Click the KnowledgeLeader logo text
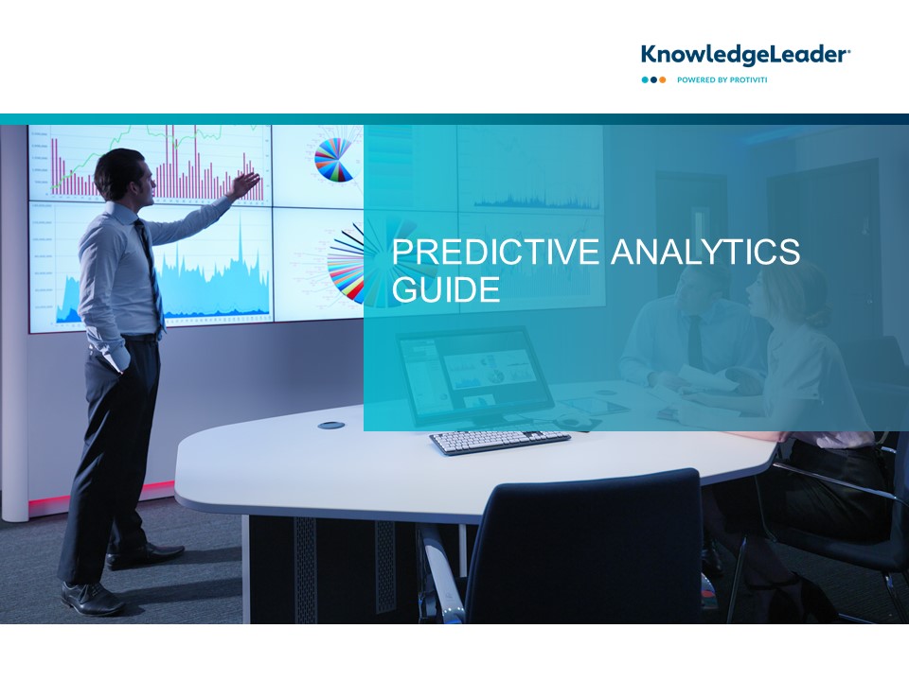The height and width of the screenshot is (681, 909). point(745,55)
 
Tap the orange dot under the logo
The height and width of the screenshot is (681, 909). point(663,79)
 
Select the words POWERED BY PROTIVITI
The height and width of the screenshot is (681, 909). point(722,79)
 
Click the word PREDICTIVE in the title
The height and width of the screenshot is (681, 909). point(496,252)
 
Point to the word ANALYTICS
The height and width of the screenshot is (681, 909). point(705,252)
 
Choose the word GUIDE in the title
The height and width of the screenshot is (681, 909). point(446,289)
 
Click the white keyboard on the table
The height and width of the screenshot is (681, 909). point(500,442)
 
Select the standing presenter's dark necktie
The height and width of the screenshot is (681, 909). point(151,272)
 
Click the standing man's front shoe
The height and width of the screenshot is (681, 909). point(92,599)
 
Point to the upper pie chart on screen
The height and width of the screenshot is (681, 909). point(334,159)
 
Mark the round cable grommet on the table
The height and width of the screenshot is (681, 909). point(331,426)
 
